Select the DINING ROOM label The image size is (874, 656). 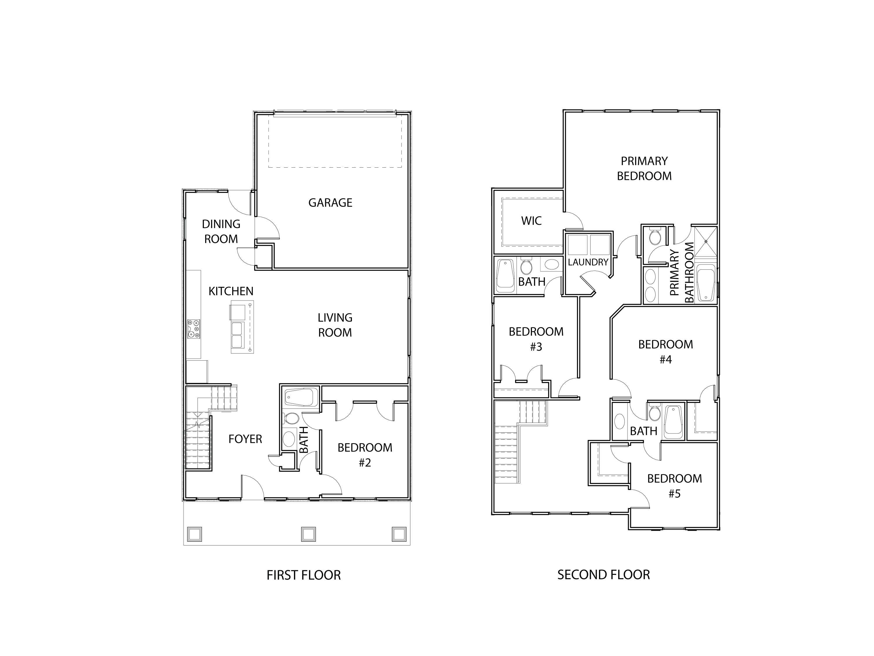coord(221,231)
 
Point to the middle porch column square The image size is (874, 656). coord(308,534)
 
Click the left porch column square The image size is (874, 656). coord(194,534)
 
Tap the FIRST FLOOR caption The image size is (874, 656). coord(304,575)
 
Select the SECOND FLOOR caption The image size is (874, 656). coord(603,575)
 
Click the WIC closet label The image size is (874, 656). coord(531,221)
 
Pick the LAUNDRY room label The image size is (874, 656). coord(588,262)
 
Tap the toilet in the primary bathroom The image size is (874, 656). coord(655,237)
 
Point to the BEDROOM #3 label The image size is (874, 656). coord(536,339)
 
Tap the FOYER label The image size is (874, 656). coord(245,439)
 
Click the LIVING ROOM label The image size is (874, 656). coord(335,325)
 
